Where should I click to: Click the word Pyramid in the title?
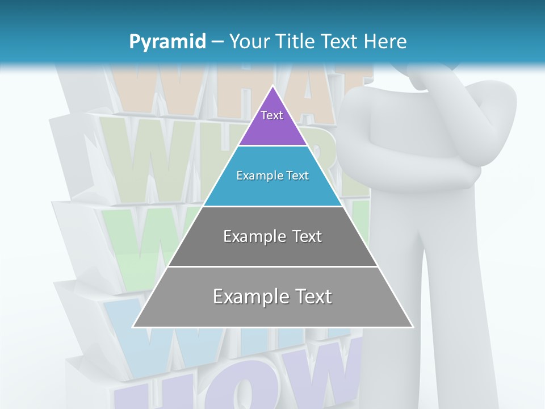pos(167,41)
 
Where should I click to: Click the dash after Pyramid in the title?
pos(217,42)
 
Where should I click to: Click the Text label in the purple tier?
pos(272,115)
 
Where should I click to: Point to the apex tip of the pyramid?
pos(273,86)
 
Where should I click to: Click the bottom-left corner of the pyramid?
pos(133,327)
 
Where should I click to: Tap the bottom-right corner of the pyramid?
pos(413,327)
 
